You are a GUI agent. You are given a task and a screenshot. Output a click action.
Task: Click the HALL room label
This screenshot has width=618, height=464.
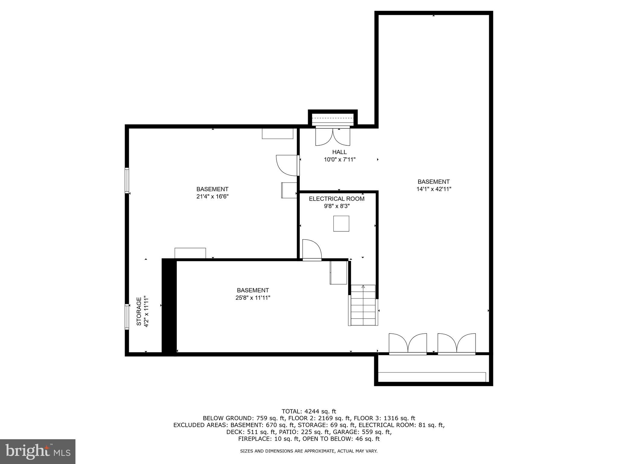(339, 152)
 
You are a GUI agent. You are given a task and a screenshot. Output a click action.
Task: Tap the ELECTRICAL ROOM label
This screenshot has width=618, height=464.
(336, 199)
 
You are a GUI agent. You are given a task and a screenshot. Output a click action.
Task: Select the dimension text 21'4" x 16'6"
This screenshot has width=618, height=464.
(212, 197)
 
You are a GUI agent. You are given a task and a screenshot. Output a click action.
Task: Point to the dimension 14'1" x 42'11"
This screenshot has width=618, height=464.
(433, 189)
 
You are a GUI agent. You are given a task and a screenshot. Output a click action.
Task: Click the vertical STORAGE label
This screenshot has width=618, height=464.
(139, 311)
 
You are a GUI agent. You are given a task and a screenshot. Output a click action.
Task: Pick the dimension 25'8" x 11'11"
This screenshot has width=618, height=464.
(253, 298)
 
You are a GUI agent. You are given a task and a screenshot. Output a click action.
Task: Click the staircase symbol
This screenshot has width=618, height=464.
(363, 305)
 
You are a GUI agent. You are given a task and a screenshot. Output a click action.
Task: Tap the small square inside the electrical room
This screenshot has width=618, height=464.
(341, 224)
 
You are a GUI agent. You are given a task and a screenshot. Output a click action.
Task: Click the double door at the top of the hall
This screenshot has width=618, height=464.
(333, 137)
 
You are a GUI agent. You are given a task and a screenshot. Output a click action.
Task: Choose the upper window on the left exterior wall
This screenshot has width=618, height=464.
(127, 180)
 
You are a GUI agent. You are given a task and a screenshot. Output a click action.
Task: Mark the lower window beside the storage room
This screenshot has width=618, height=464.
(127, 317)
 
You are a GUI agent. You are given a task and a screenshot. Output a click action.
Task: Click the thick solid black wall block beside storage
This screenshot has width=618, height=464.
(169, 307)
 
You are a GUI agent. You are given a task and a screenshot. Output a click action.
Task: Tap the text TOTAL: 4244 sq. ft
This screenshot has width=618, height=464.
(309, 411)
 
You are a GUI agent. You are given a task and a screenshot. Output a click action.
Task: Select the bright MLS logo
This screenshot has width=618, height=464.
(38, 451)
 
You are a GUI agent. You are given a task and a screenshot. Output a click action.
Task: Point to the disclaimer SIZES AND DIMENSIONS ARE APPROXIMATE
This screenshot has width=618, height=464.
(309, 451)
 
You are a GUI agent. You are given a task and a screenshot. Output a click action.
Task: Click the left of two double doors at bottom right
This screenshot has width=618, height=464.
(408, 343)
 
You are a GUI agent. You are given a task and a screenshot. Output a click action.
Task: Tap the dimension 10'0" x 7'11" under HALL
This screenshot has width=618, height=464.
(339, 159)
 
